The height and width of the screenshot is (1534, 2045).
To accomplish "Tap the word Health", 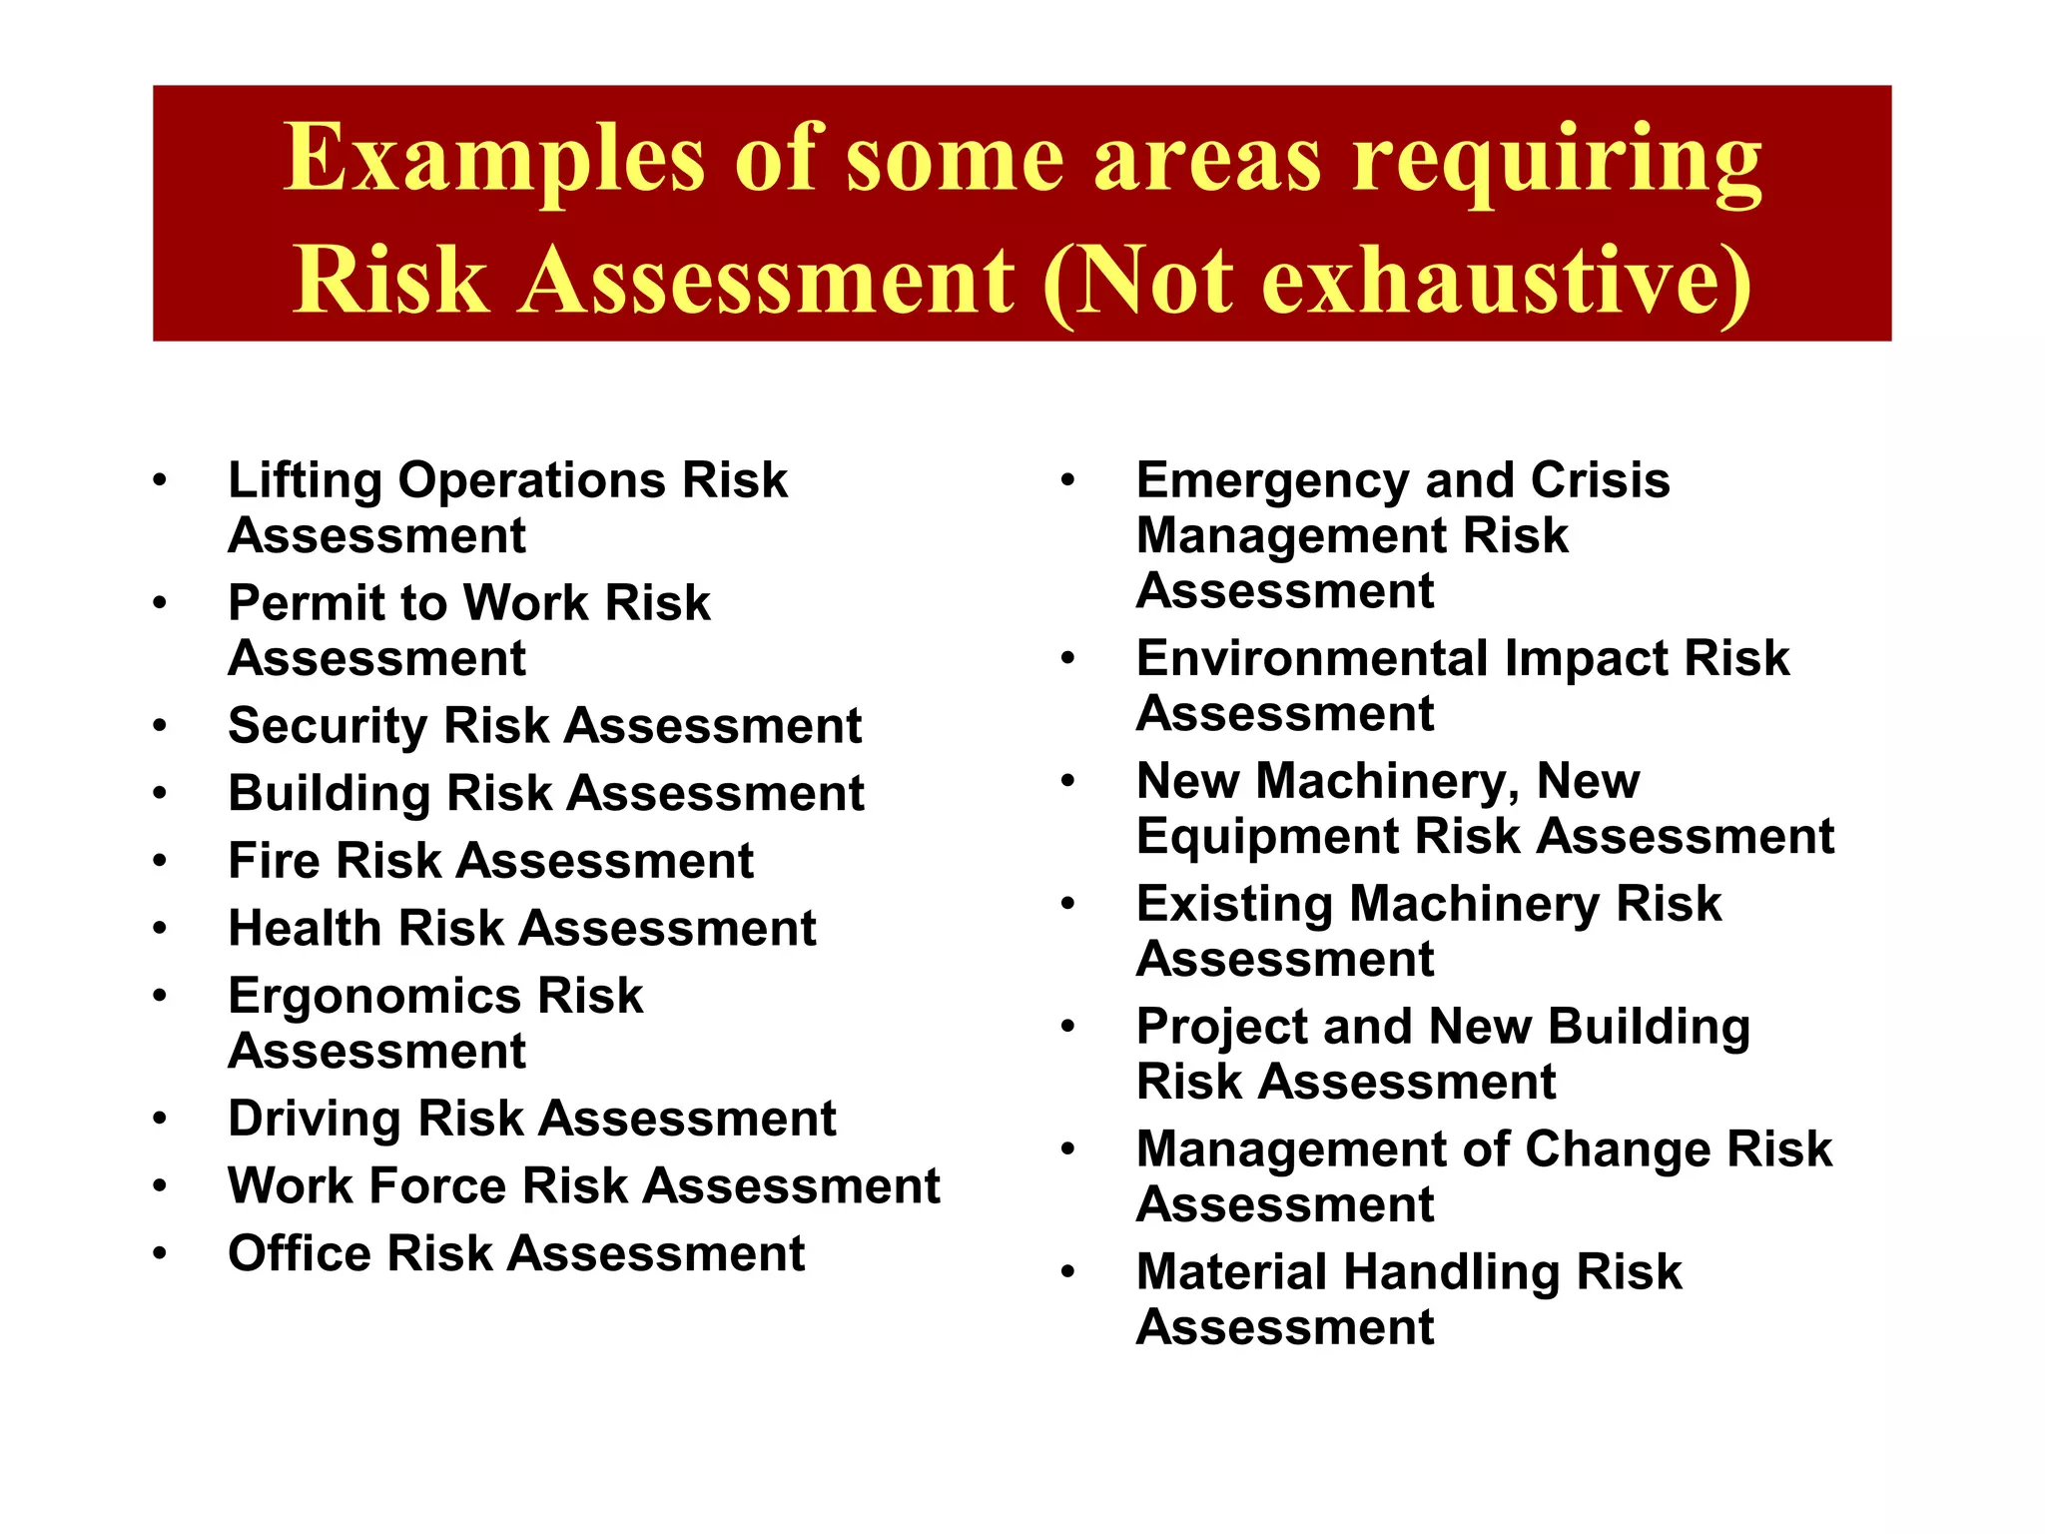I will [305, 929].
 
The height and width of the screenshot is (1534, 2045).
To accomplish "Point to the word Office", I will [299, 1253].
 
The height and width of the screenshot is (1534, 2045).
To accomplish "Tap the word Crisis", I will [1600, 481].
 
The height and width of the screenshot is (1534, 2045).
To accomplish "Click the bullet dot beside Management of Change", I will [1067, 1150].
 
